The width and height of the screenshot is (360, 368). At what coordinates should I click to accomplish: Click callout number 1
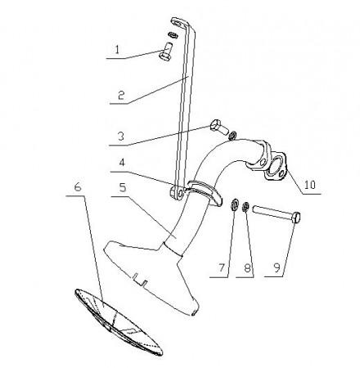click(x=117, y=50)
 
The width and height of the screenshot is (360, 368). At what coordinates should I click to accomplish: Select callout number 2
click(x=121, y=96)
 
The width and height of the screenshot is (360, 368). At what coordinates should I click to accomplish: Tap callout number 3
click(x=121, y=137)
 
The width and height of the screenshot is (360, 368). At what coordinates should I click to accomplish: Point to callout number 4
click(x=122, y=163)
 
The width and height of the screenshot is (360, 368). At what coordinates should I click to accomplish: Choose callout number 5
click(x=123, y=187)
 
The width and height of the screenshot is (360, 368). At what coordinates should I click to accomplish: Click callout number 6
click(x=78, y=187)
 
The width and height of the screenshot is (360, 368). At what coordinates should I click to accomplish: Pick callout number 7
click(x=222, y=268)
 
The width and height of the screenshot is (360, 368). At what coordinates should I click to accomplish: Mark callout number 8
click(x=247, y=268)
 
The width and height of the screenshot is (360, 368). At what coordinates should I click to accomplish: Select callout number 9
click(x=277, y=268)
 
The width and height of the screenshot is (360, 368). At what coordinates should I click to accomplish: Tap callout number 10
click(x=310, y=185)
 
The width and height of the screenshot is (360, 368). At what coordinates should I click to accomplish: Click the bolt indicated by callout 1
click(x=166, y=52)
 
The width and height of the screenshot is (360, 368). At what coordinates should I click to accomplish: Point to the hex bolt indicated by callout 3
click(x=218, y=127)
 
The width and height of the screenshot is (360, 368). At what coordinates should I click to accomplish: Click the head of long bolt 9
click(x=296, y=218)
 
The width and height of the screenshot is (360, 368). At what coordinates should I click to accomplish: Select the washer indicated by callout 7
click(x=234, y=204)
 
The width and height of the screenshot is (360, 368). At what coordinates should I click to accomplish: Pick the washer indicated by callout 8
click(x=245, y=207)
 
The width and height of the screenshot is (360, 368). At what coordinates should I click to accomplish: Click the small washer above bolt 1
click(x=173, y=34)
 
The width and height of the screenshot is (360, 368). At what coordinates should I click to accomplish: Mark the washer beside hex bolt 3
click(x=232, y=135)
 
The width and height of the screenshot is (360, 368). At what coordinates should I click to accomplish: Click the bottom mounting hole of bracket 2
click(x=180, y=193)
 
